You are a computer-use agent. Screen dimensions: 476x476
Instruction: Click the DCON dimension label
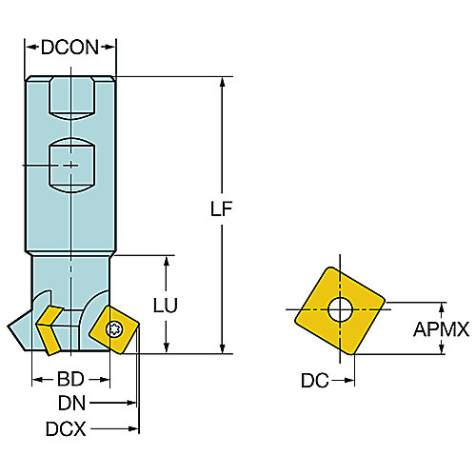pos(69,48)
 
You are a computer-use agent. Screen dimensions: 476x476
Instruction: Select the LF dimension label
pos(221,208)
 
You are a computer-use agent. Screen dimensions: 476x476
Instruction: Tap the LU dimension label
pos(166,306)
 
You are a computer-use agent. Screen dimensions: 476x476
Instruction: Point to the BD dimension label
pos(70,379)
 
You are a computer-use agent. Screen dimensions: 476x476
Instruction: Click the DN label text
pos(71,404)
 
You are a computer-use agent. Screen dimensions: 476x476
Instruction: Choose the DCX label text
pos(66,429)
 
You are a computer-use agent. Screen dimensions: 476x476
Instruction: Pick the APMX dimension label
pos(441,329)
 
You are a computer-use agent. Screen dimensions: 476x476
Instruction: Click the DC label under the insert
pos(315,380)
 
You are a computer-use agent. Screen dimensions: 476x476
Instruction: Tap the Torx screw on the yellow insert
pos(113,329)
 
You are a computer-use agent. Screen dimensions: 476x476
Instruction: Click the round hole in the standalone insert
pos(340,309)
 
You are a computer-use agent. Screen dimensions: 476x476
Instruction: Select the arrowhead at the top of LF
pos(223,82)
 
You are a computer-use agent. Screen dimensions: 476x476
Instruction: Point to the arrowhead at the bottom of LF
pos(223,348)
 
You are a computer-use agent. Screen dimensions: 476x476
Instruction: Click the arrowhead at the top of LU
pos(167,261)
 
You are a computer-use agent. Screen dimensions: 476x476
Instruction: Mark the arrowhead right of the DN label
pos(131,403)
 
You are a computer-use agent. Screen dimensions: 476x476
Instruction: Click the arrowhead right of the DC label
pos(349,380)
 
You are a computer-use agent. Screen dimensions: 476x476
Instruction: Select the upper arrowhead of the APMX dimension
pos(442,307)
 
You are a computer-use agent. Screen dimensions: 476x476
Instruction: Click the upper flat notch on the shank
pos(72,99)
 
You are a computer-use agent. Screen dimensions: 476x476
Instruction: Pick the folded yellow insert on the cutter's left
pos(50,330)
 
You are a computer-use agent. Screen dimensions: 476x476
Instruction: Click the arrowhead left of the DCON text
pos(30,48)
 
